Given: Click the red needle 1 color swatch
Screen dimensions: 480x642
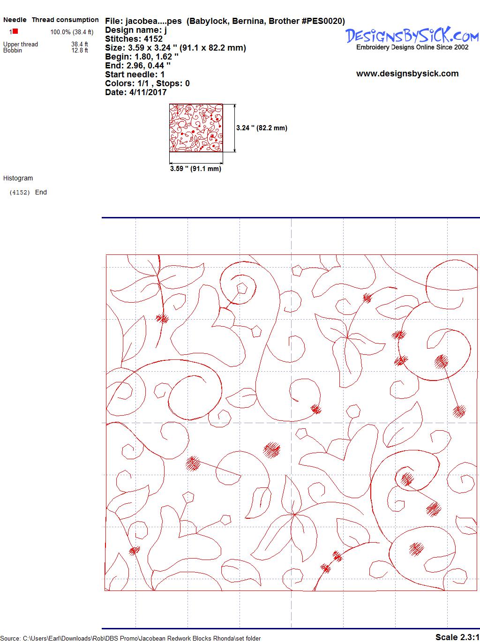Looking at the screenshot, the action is pyautogui.click(x=15, y=31).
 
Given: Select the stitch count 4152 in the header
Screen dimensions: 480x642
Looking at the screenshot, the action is pyautogui.click(x=153, y=39).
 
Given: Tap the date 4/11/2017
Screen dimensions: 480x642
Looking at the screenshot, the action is pyautogui.click(x=148, y=92).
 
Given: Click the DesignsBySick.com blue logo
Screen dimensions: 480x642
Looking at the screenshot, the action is pyautogui.click(x=412, y=35).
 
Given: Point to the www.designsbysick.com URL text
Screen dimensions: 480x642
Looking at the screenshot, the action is pyautogui.click(x=407, y=74).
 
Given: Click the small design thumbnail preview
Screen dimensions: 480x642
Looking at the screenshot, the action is pyautogui.click(x=196, y=128).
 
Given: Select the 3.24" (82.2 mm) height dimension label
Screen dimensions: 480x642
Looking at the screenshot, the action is pyautogui.click(x=262, y=128).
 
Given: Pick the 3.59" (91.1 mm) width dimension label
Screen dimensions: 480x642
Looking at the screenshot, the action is pyautogui.click(x=195, y=169).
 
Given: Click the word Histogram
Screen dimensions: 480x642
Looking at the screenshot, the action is pyautogui.click(x=18, y=178).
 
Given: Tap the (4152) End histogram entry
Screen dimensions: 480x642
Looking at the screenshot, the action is pyautogui.click(x=28, y=192).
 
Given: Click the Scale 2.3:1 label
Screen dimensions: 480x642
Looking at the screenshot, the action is pyautogui.click(x=457, y=637).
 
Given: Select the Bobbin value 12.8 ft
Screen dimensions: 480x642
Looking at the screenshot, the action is pyautogui.click(x=80, y=50).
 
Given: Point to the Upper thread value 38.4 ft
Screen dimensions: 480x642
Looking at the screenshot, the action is pyautogui.click(x=80, y=44).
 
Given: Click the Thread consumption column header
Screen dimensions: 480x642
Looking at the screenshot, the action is pyautogui.click(x=65, y=20).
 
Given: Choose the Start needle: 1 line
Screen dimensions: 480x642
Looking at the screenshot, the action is pyautogui.click(x=135, y=75).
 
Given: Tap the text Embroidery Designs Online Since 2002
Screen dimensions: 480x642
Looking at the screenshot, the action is pyautogui.click(x=412, y=47).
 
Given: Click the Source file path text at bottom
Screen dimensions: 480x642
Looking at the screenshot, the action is pyautogui.click(x=130, y=639).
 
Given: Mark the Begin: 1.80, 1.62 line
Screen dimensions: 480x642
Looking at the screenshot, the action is pyautogui.click(x=142, y=57).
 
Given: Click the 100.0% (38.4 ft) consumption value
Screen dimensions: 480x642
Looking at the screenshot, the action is pyautogui.click(x=72, y=32).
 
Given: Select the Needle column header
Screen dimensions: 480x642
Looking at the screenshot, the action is pyautogui.click(x=15, y=20).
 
